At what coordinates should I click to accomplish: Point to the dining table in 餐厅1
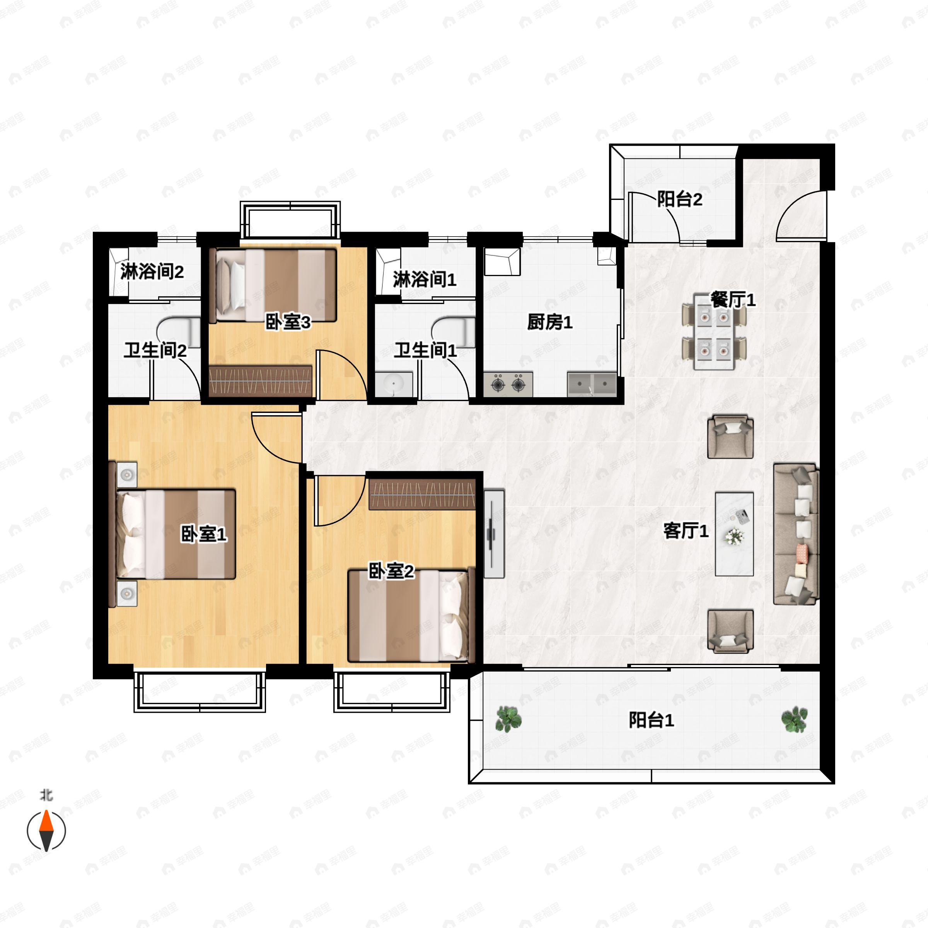(714, 331)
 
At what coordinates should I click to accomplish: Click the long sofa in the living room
(796, 534)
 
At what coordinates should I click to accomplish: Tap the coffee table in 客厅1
(734, 534)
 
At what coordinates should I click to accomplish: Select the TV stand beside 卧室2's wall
(494, 534)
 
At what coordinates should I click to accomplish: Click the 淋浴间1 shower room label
(424, 279)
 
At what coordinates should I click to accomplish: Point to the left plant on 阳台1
(508, 719)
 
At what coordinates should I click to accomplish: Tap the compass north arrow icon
(46, 831)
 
